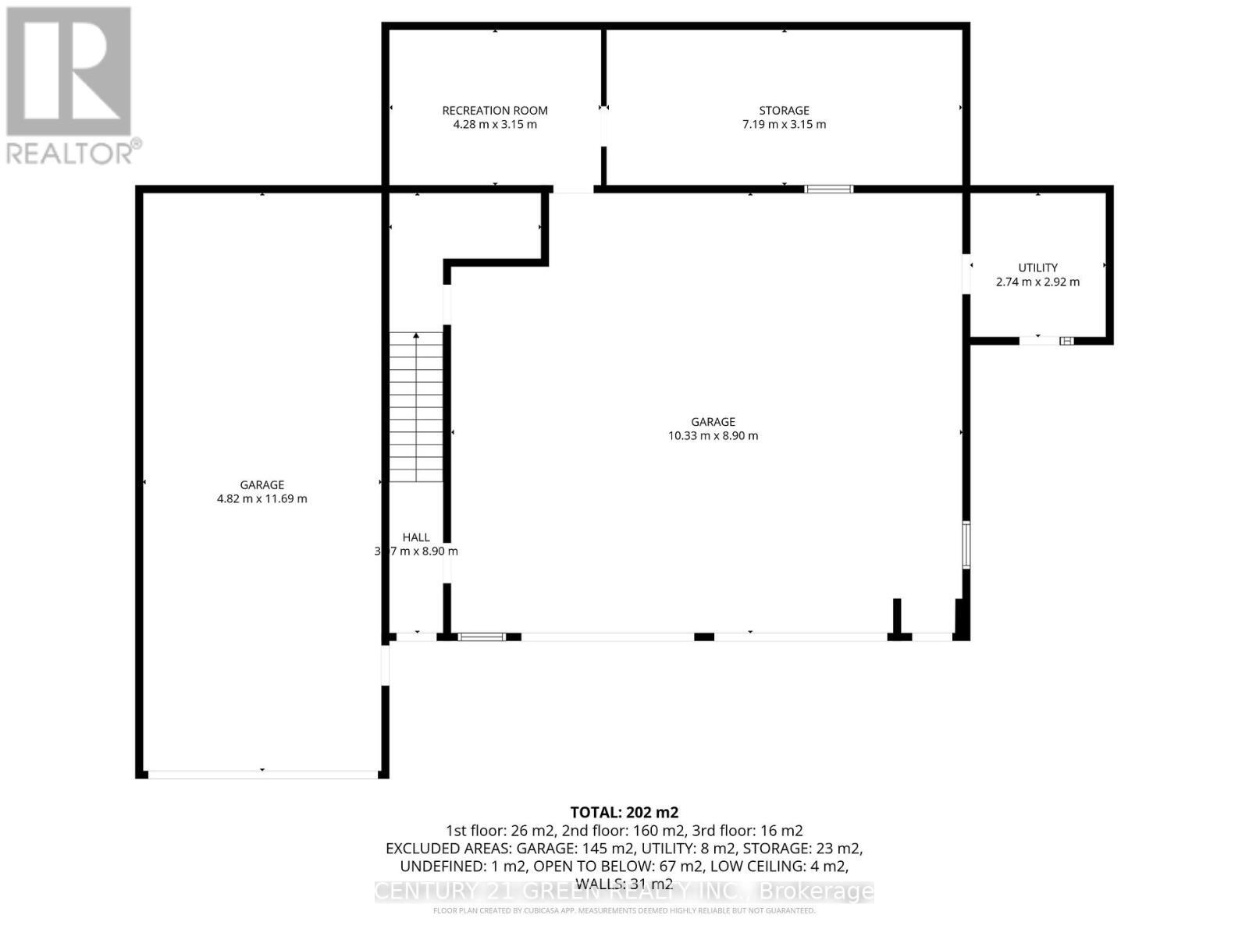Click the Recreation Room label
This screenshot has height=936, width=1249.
pyautogui.click(x=495, y=111)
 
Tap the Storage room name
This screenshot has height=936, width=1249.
pyautogui.click(x=784, y=111)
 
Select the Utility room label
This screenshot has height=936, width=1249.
pyautogui.click(x=1037, y=268)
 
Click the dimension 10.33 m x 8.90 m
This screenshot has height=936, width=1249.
pyautogui.click(x=713, y=436)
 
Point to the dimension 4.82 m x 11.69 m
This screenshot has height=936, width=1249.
pyautogui.click(x=262, y=499)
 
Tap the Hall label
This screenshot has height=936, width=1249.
pyautogui.click(x=416, y=537)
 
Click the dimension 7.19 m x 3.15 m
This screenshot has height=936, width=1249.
pyautogui.click(x=784, y=125)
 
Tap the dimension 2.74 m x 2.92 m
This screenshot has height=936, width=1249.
pyautogui.click(x=1037, y=282)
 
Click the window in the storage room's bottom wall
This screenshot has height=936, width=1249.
pyautogui.click(x=829, y=189)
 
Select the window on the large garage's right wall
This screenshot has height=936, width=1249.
pyautogui.click(x=966, y=544)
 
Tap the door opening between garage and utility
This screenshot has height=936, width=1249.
pyautogui.click(x=966, y=274)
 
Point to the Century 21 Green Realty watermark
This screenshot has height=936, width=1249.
pyautogui.click(x=624, y=891)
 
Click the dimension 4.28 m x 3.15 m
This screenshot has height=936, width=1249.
pyautogui.click(x=495, y=125)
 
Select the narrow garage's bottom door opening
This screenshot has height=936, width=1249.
pyautogui.click(x=262, y=774)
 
